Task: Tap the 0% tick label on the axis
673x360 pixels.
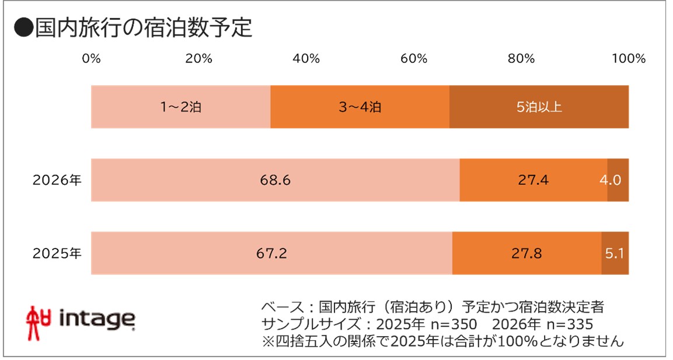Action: tap(91, 59)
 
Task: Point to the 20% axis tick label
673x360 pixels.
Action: tap(198, 59)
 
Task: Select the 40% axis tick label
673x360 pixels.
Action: tap(306, 59)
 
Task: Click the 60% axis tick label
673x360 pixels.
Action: tap(413, 59)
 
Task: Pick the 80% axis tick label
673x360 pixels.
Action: tap(521, 59)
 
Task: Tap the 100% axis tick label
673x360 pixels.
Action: tap(628, 59)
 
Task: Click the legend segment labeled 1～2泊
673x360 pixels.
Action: tap(180, 107)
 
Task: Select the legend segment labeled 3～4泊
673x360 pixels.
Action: tap(360, 107)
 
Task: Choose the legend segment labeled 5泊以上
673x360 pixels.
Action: tap(539, 107)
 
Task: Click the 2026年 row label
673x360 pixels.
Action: tap(57, 180)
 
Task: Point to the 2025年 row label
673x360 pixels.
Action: tap(57, 254)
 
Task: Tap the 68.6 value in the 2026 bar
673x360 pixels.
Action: tap(275, 180)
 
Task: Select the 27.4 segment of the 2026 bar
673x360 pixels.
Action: tap(533, 180)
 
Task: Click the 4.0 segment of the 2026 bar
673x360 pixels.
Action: tap(618, 180)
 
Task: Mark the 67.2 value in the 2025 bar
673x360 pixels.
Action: tap(271, 254)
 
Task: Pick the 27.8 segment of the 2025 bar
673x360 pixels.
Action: tap(526, 254)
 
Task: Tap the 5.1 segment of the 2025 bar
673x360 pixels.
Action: tap(615, 254)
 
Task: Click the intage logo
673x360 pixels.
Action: tap(81, 319)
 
